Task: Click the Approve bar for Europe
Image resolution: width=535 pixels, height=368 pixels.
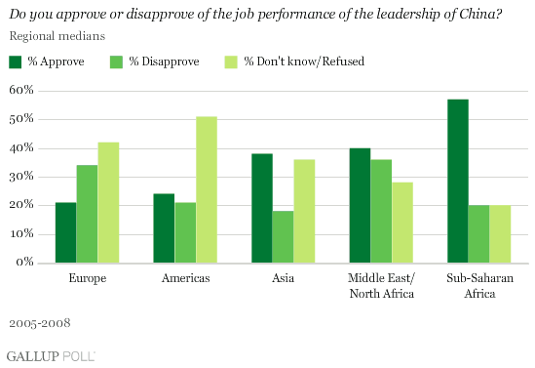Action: pos(65,232)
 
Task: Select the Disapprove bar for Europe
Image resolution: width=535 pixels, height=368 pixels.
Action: pos(87,214)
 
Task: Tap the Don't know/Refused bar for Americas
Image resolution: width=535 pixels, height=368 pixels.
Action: pos(206,189)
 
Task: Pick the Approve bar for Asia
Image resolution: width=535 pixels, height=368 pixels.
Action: pos(260,208)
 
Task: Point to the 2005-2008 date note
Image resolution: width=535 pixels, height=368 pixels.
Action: pos(37,320)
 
